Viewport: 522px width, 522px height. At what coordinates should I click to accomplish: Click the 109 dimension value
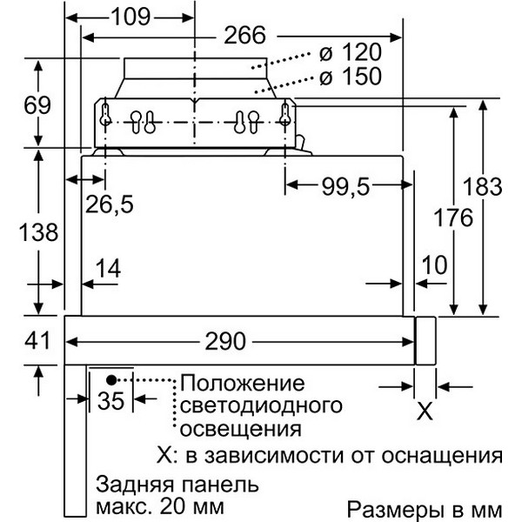point(130,17)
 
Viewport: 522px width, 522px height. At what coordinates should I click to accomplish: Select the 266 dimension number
point(245,36)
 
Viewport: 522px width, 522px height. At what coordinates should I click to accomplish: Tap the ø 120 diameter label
point(351,52)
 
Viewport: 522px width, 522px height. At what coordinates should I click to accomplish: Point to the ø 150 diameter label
point(351,77)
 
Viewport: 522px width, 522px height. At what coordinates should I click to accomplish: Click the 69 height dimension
point(37,105)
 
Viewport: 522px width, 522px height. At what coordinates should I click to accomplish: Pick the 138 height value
point(38,232)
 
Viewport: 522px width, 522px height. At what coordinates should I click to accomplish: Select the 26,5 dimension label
point(110,204)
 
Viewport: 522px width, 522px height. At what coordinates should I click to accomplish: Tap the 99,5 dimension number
point(345,186)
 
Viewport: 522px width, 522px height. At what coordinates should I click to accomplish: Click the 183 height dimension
point(482,186)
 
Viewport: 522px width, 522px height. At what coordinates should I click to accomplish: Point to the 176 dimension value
point(453,217)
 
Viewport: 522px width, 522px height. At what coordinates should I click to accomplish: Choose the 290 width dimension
point(225,341)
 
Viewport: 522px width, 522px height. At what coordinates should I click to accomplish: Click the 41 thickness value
point(37,340)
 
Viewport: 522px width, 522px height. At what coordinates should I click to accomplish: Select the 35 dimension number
point(110,400)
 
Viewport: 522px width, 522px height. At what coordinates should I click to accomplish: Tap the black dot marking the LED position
point(111,379)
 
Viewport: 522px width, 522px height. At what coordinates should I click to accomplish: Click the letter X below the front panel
point(425,412)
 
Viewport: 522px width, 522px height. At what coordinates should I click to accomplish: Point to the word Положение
point(242,384)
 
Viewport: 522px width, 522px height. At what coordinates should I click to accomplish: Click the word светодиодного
point(261,407)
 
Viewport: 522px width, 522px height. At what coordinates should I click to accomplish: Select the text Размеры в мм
point(425,510)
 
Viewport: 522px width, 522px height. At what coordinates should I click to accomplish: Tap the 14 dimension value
point(108,268)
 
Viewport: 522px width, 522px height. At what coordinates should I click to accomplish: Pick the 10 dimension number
point(434,265)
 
